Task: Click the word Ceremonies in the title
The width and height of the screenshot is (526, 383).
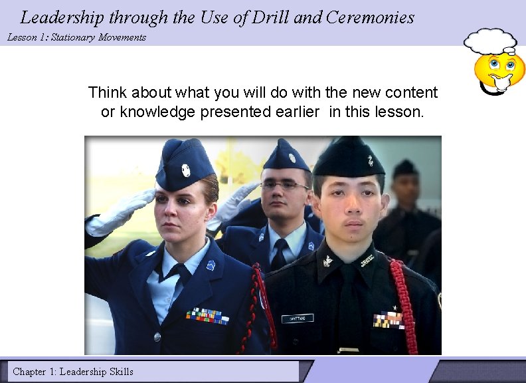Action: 370,17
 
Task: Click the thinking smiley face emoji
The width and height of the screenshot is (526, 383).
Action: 499,72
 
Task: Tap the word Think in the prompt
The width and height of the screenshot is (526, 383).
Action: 107,92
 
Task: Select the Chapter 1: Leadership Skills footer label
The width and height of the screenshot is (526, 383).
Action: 73,372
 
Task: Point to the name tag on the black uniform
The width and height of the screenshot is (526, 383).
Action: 297,319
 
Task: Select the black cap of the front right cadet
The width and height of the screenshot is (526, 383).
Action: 349,158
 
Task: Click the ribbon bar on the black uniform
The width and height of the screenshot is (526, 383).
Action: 389,320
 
